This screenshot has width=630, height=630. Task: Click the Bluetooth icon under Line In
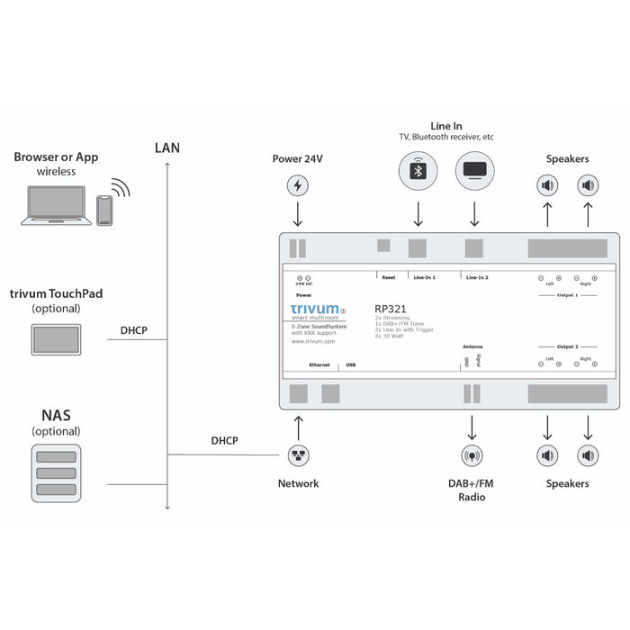[418, 170]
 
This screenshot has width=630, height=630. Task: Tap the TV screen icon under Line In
[474, 170]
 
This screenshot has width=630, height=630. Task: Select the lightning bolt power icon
[298, 186]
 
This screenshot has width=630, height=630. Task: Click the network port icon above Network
[298, 455]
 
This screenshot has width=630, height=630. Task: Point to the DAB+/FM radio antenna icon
[472, 455]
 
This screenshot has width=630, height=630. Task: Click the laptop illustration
[56, 206]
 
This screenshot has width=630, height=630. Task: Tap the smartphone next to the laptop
[105, 211]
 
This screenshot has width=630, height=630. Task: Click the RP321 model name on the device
[391, 308]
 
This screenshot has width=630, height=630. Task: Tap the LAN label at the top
[167, 148]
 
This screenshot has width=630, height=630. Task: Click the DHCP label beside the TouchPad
[133, 330]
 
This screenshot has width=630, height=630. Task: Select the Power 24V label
[298, 158]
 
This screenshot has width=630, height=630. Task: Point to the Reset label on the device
[389, 277]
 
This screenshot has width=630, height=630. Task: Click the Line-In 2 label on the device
[476, 277]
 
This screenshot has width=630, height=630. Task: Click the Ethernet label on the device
[320, 365]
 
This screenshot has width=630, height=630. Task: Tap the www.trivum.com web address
[313, 342]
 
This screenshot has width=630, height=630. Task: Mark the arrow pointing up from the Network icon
[298, 426]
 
